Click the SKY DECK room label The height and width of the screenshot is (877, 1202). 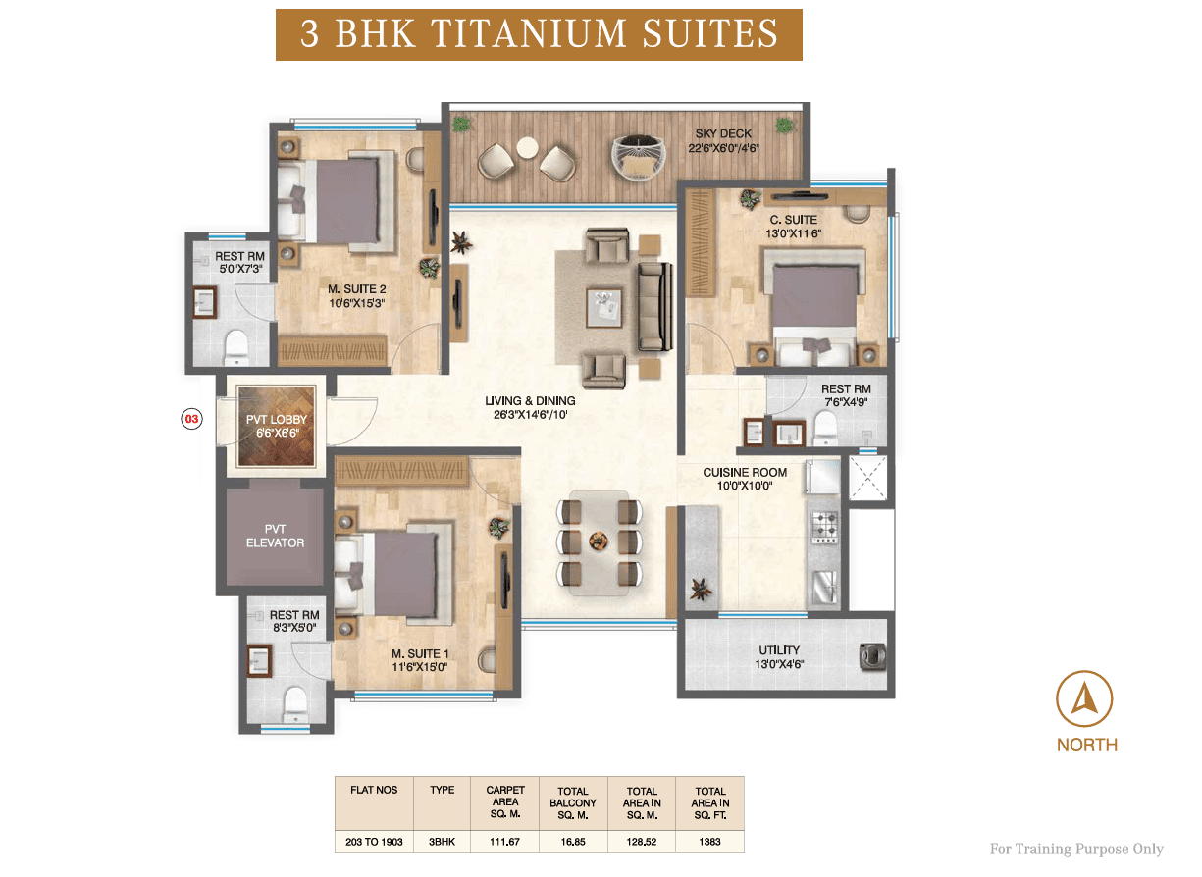[x=723, y=133]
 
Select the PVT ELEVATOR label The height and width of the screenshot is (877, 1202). [x=275, y=536]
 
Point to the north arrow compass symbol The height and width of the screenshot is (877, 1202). [x=1084, y=698]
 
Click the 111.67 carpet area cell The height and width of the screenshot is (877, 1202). [x=504, y=842]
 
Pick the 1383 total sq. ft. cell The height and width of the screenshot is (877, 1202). [x=709, y=842]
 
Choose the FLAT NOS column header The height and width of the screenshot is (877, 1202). [x=374, y=790]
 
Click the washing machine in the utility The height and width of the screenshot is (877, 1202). [x=872, y=656]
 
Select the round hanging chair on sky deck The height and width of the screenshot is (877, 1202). [x=638, y=157]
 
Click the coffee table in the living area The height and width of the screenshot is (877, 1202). [x=604, y=308]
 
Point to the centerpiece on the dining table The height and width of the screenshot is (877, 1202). [x=599, y=542]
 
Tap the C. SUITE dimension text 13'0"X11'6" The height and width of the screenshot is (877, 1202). [x=793, y=233]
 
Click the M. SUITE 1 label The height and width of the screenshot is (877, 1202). [x=420, y=653]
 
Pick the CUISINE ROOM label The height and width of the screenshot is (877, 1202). [x=745, y=472]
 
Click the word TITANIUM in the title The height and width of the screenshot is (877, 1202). [x=529, y=33]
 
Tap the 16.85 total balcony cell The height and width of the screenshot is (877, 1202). [x=573, y=842]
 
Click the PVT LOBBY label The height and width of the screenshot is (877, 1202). [x=277, y=420]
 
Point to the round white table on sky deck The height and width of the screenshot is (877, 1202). [x=527, y=147]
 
